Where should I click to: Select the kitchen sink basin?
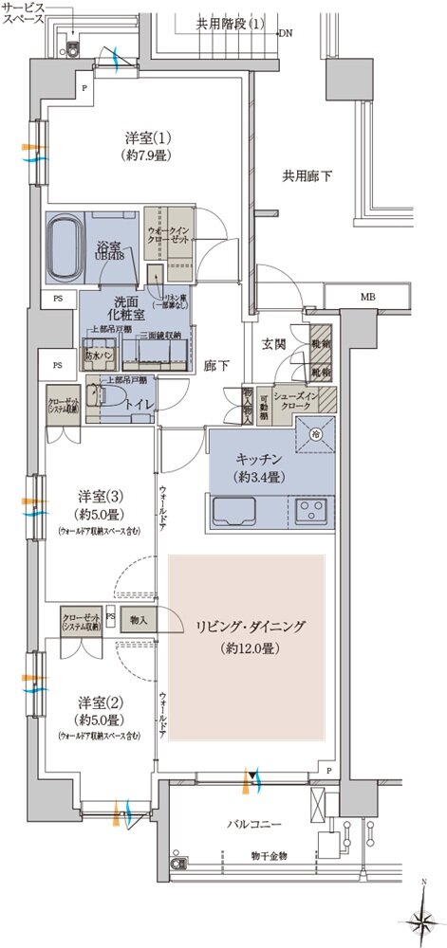(x=231, y=512)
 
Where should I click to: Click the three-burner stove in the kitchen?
(x=310, y=511)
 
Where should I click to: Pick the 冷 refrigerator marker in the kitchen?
(x=315, y=434)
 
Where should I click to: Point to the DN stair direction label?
(x=287, y=33)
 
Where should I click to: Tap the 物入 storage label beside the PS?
(x=140, y=619)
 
